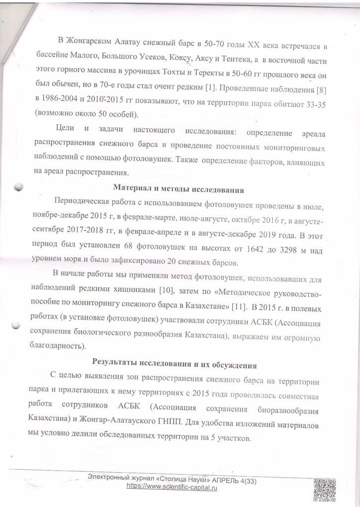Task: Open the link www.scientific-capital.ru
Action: coord(173,489)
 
